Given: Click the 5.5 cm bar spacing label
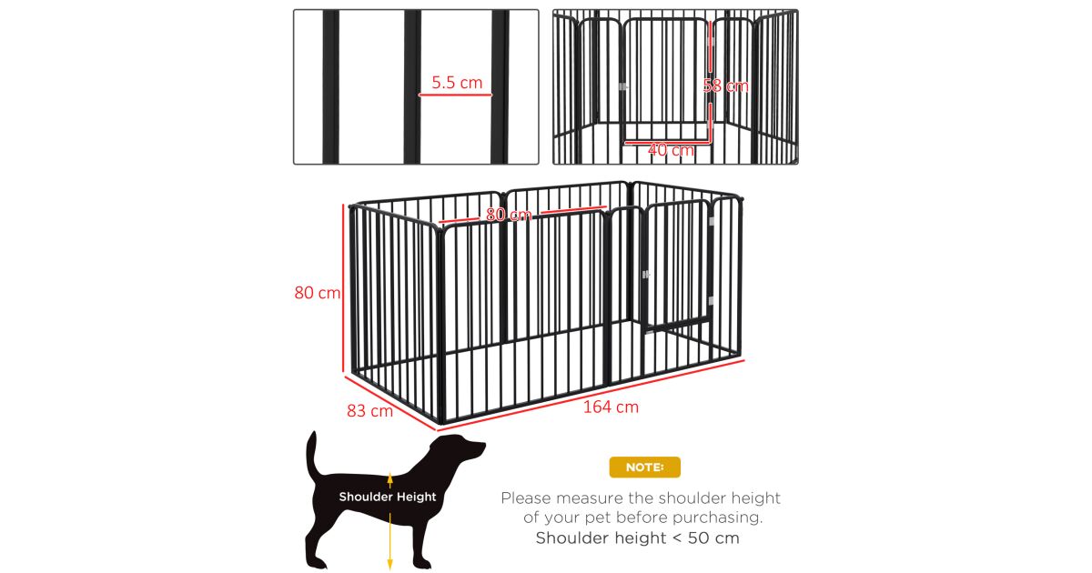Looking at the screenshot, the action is point(457,83).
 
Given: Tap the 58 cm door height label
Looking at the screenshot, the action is point(725,86).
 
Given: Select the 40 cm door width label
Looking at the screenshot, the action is point(671,150).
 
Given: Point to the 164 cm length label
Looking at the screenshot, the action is point(611,407).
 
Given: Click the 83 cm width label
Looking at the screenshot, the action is point(369,411).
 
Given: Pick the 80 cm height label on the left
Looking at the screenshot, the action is point(318,292).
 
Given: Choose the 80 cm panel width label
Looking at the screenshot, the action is point(509,215).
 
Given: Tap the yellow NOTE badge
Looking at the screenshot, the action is point(644,467).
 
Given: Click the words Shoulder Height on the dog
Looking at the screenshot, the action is point(388,497).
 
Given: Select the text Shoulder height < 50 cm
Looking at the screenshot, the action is point(638,538).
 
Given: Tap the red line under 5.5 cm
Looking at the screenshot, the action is point(455,95).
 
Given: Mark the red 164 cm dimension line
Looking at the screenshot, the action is point(591,396).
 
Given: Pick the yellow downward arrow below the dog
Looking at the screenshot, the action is point(390,541).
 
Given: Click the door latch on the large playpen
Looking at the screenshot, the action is point(646,275).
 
